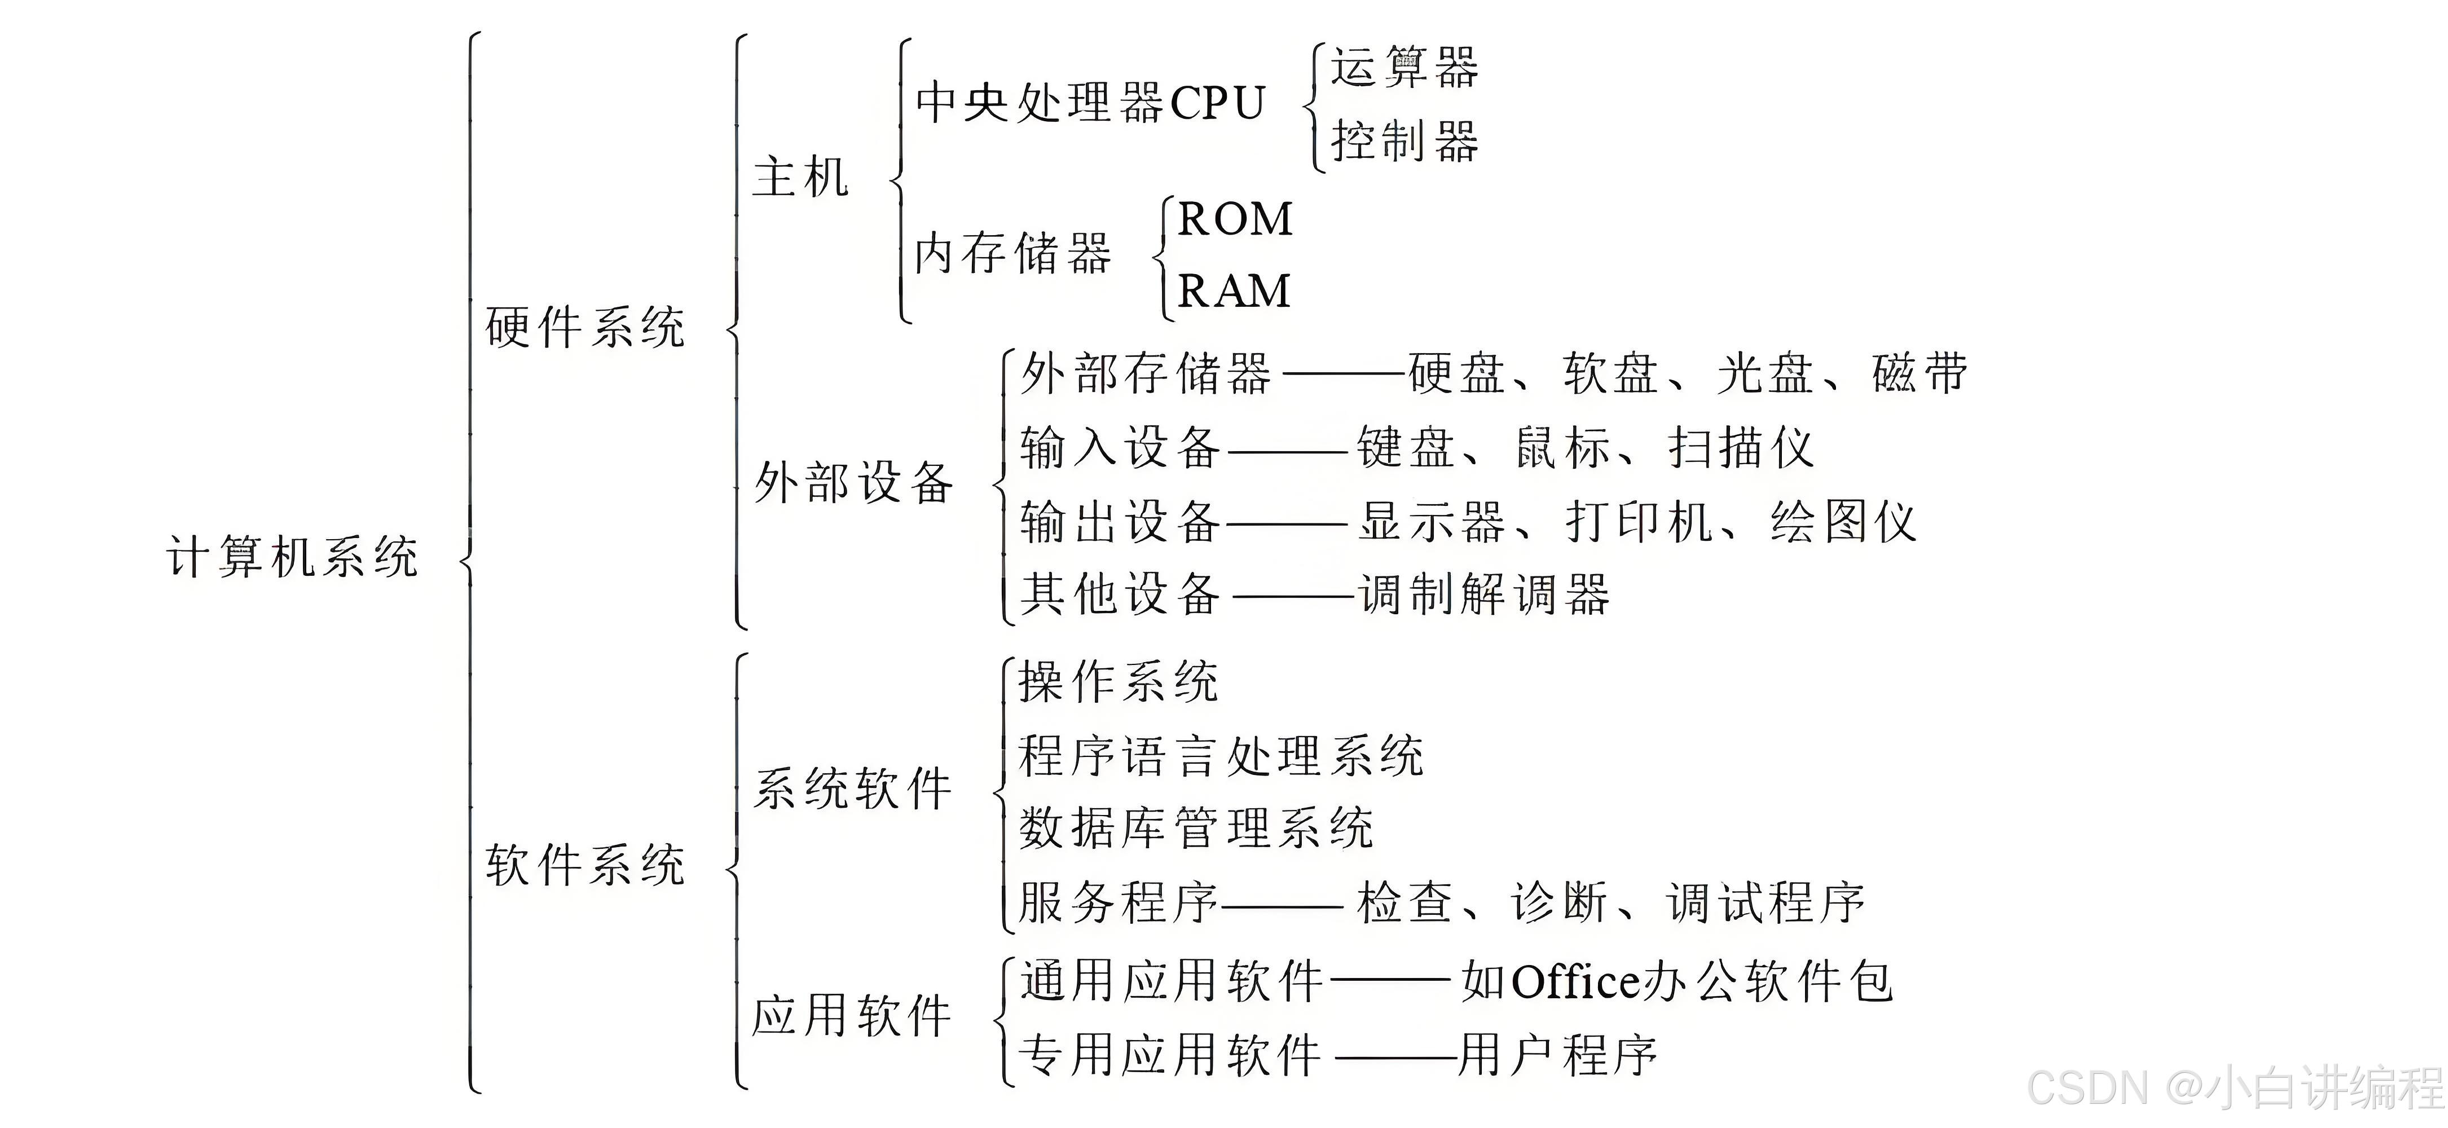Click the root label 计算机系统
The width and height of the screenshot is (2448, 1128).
[x=293, y=557]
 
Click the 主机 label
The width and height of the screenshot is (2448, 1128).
[x=800, y=178]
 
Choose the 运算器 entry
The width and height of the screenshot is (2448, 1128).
[x=1403, y=68]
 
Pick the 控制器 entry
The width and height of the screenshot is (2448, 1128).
[x=1403, y=142]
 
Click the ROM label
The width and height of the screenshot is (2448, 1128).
[x=1235, y=219]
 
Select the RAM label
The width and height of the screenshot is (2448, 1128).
[x=1234, y=291]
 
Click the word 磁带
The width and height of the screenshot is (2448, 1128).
[x=1919, y=372]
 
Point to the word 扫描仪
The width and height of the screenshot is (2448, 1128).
[x=1741, y=448]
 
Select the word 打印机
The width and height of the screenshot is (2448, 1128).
[x=1639, y=522]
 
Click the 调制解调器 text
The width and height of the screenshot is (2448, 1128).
[x=1485, y=595]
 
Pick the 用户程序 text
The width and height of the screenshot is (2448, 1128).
[x=1558, y=1055]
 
